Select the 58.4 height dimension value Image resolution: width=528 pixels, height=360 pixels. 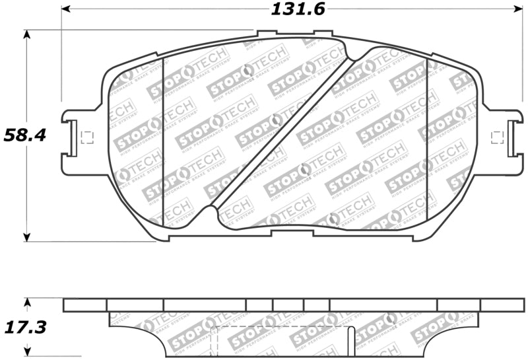pos(24,135)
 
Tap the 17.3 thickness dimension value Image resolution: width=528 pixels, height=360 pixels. pos(24,327)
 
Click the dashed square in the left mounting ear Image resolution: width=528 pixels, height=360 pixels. pos(85,138)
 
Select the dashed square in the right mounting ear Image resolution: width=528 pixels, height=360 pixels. pos(498,137)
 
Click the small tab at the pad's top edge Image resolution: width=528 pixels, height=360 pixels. pos(267,34)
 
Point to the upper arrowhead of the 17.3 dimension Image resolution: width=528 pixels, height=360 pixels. pos(27,302)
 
